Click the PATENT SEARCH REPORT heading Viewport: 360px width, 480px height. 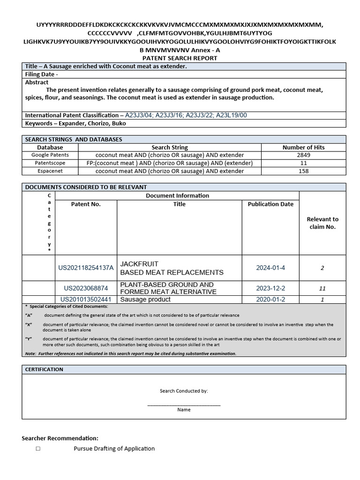(x=180, y=58)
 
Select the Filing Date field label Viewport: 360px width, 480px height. (x=42, y=74)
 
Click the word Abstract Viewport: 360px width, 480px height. (x=37, y=82)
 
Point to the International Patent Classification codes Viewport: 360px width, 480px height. (x=186, y=115)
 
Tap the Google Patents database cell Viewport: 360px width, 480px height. (x=50, y=155)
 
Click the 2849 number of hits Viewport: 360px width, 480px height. (x=303, y=155)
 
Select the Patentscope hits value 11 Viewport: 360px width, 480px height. (x=303, y=163)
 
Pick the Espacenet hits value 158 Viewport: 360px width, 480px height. (x=303, y=171)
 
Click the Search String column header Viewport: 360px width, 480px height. (x=170, y=147)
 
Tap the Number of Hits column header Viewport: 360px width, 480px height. (x=303, y=147)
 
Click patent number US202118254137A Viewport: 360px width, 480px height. (x=86, y=268)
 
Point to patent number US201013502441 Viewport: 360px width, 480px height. (x=86, y=300)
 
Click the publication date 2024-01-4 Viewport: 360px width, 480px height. (x=270, y=268)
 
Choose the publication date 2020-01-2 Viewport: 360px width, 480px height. (x=270, y=300)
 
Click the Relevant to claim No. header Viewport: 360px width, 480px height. (x=322, y=223)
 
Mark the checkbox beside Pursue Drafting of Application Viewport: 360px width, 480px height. (x=38, y=449)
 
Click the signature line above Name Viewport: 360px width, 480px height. (x=184, y=405)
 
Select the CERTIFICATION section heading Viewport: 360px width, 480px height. (x=44, y=369)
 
